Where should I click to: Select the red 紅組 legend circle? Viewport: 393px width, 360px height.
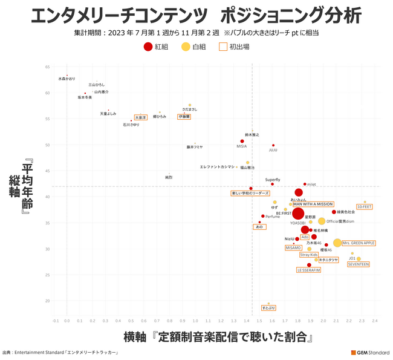148,46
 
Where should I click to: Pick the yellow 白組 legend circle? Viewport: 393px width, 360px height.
185,46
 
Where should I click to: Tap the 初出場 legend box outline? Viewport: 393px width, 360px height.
223,46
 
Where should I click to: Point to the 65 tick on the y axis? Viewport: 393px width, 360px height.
48,67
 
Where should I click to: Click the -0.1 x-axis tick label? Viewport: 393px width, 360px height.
56,321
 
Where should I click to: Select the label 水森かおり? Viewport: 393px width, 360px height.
67,79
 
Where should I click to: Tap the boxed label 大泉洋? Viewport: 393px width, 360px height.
140,117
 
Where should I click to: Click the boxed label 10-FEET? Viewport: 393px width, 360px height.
364,207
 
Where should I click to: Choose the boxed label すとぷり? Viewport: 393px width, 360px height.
268,308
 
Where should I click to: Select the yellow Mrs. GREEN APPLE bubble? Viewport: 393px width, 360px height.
337,243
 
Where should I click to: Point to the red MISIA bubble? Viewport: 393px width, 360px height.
242,142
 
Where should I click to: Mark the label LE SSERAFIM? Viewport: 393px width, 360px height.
308,270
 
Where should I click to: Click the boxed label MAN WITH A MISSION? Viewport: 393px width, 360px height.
313,205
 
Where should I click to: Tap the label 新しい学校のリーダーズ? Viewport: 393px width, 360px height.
250,193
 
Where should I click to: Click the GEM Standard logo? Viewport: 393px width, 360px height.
369,353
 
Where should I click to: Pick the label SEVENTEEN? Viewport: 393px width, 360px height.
359,264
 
